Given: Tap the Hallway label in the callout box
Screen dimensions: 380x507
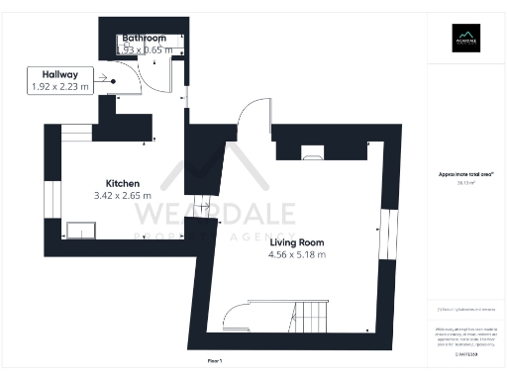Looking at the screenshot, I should [x=60, y=74].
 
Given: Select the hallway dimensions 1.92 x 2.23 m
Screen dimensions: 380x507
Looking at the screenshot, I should [x=60, y=87].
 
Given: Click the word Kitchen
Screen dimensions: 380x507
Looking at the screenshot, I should [x=123, y=183].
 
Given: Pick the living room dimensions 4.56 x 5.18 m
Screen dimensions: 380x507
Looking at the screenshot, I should [x=296, y=254].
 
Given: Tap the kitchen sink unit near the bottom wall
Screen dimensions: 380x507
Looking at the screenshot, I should [x=80, y=230].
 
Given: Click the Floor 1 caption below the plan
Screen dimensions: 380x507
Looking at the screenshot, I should [x=216, y=363].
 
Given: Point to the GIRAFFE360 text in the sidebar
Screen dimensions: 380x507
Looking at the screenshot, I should [x=466, y=351].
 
